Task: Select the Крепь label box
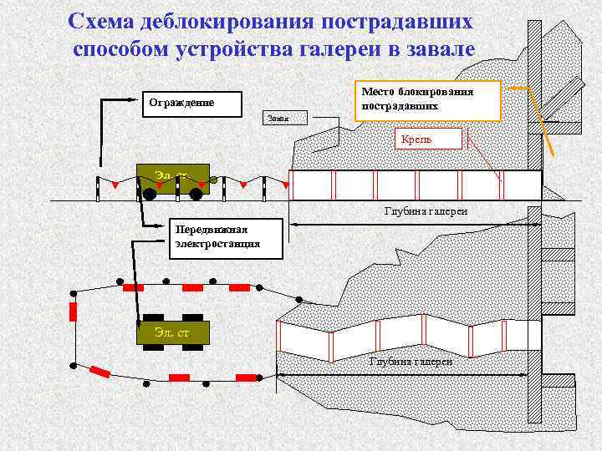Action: pos(427,138)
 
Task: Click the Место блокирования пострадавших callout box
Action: pos(428,100)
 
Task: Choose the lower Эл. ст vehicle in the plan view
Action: pos(172,333)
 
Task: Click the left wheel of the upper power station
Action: pos(150,195)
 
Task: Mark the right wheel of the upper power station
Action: pos(196,195)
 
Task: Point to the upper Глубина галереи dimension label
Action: pos(425,212)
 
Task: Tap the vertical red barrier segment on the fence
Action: pos(73,312)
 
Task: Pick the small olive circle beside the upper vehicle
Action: pos(213,180)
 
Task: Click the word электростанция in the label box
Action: pos(217,245)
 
